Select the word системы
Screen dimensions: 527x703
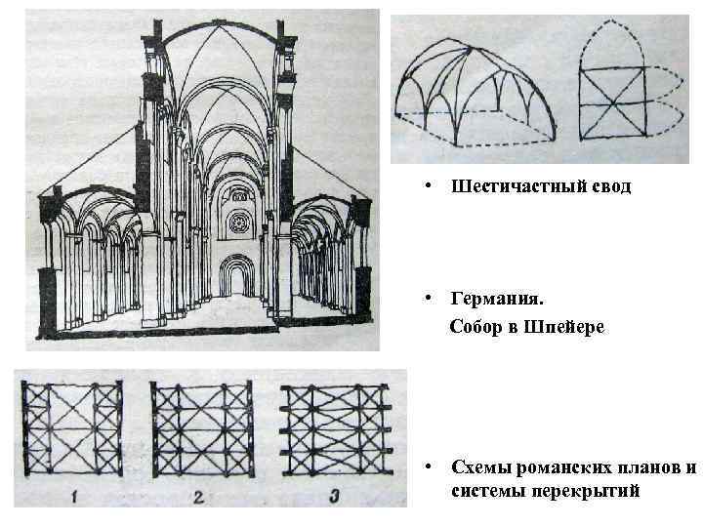click(489, 490)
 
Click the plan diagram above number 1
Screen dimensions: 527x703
click(73, 428)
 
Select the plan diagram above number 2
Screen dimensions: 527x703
click(202, 428)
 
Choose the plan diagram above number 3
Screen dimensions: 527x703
click(335, 428)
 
